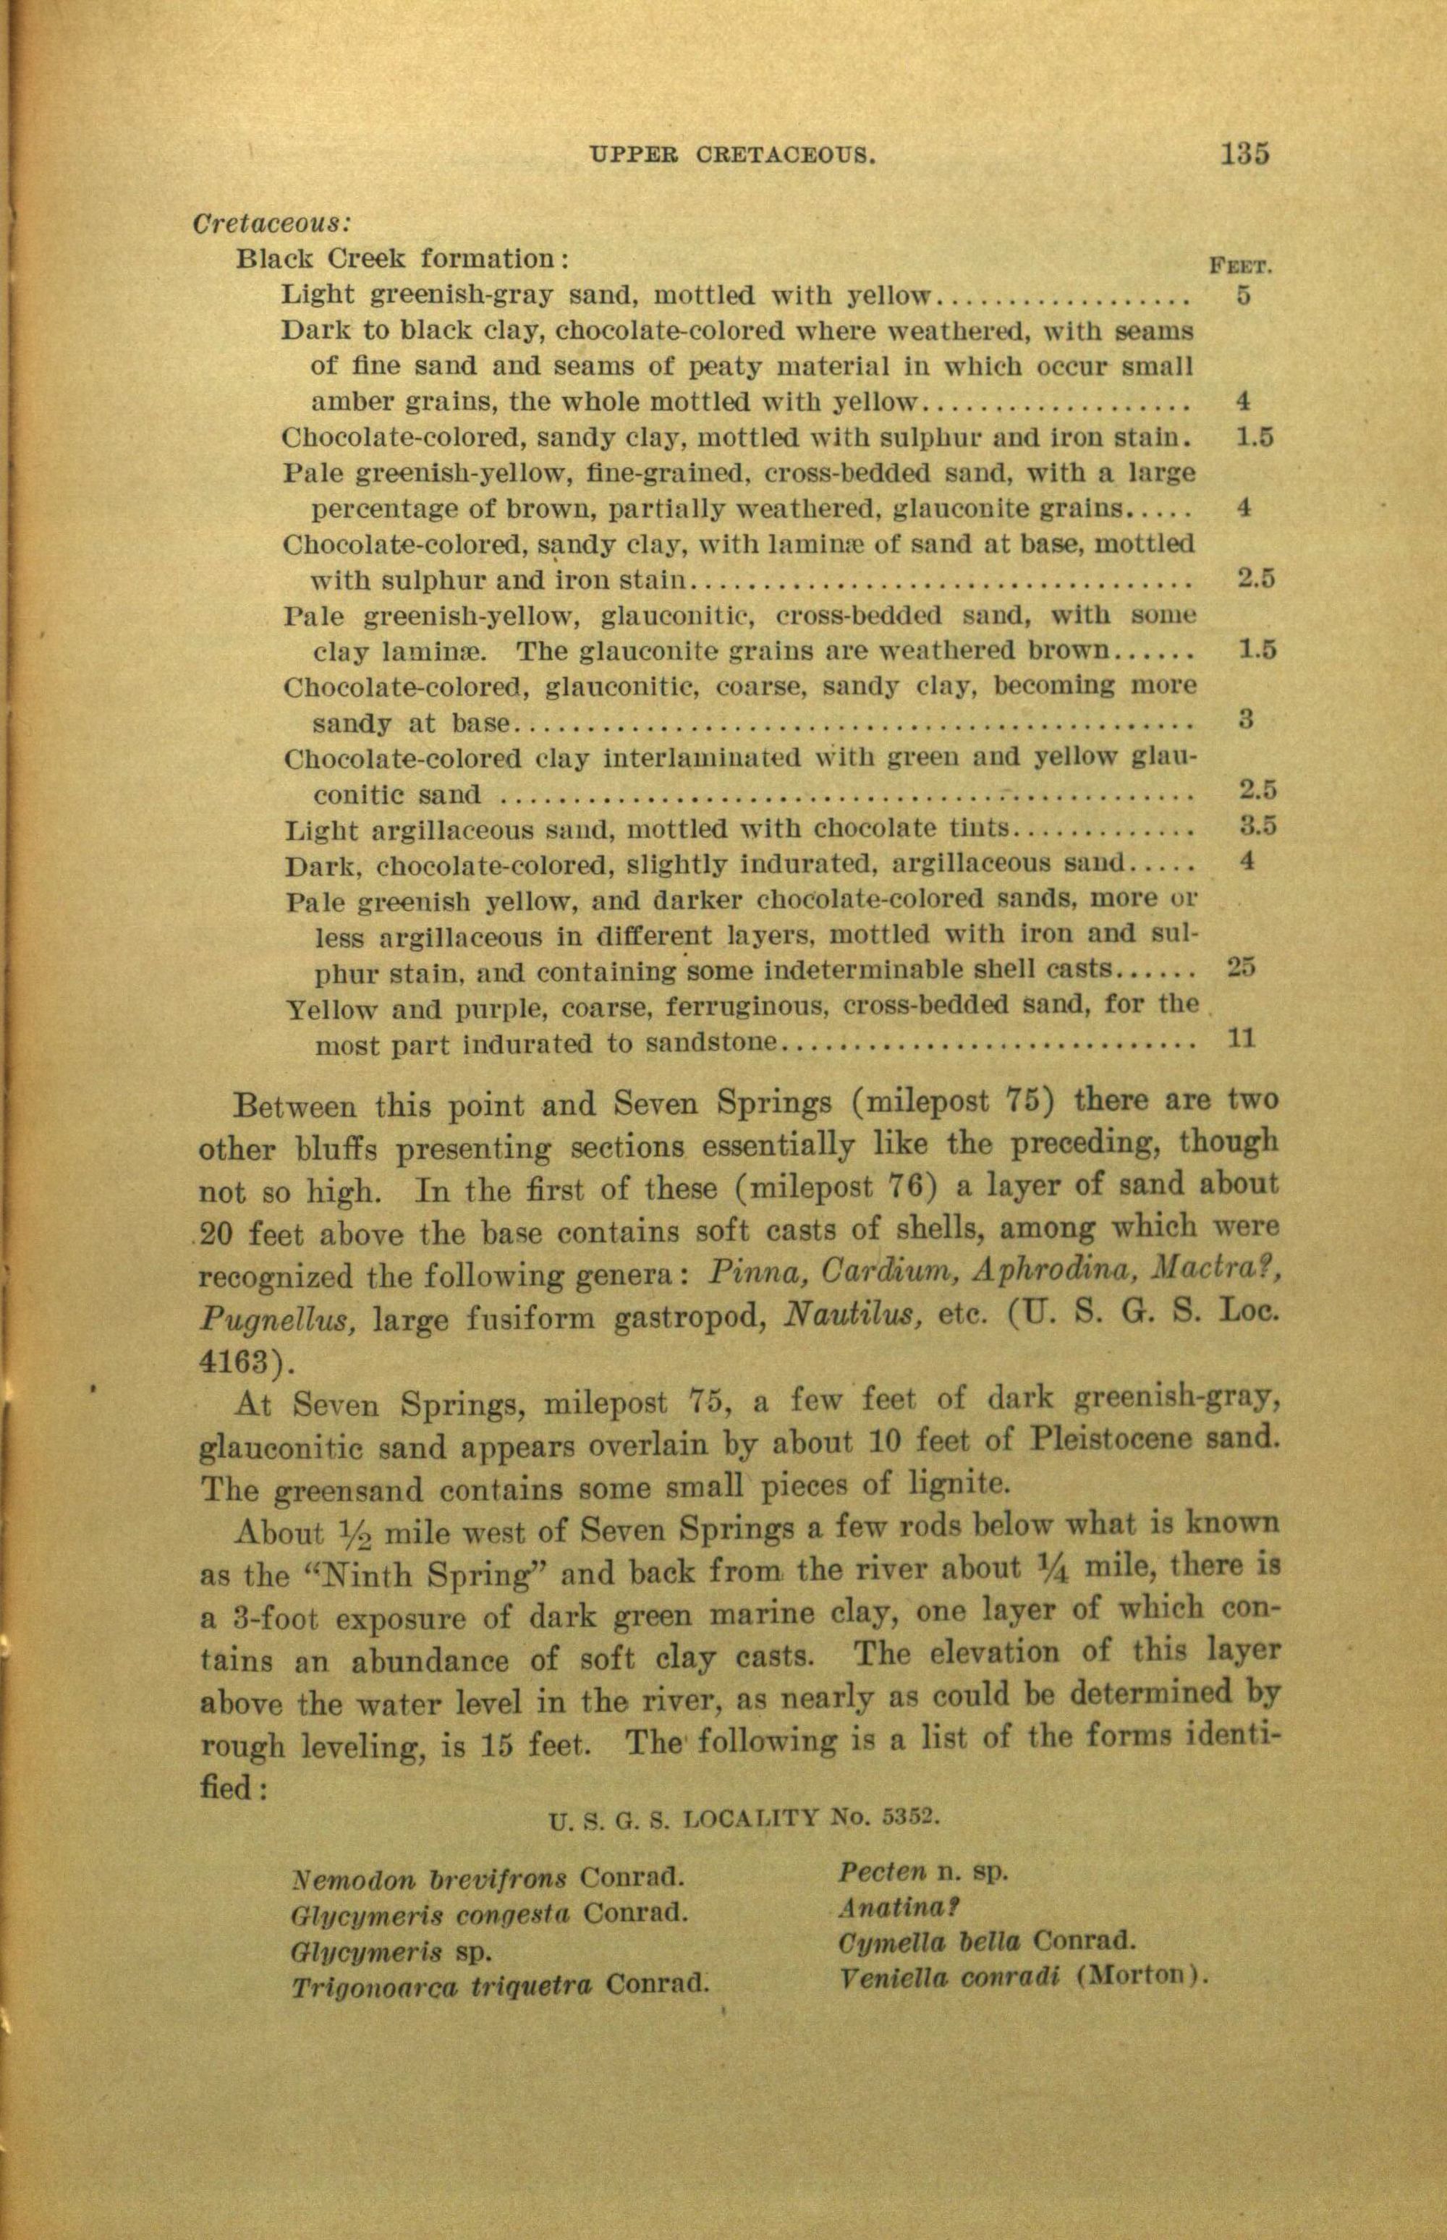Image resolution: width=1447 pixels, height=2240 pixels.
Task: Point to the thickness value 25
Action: point(1242,966)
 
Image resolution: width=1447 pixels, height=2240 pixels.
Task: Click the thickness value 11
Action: point(1242,1038)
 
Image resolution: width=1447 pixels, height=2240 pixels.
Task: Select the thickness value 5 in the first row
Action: point(1243,294)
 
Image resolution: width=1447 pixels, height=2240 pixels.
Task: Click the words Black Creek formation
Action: point(397,258)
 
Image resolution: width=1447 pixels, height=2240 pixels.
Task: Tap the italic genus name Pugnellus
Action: point(278,1319)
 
